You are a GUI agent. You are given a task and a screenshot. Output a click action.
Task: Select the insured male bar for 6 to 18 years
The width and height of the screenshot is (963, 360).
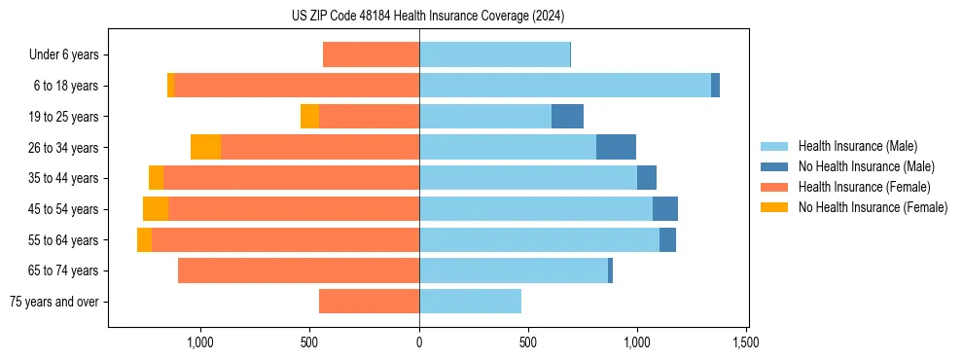pyautogui.click(x=565, y=86)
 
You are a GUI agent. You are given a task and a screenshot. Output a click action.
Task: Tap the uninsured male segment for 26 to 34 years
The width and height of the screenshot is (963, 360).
pyautogui.click(x=616, y=147)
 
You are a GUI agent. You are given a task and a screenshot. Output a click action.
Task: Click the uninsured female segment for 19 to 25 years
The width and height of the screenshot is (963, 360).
pyautogui.click(x=309, y=117)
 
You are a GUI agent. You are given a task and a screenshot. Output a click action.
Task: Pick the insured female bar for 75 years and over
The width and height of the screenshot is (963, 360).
pyautogui.click(x=369, y=302)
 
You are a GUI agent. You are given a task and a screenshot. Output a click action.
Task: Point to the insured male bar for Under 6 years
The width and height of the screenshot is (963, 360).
pyautogui.click(x=494, y=55)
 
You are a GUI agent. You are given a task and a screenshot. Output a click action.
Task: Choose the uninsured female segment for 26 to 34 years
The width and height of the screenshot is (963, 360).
pyautogui.click(x=205, y=147)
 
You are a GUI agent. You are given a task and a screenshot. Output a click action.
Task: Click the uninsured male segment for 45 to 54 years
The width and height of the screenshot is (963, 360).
pyautogui.click(x=665, y=209)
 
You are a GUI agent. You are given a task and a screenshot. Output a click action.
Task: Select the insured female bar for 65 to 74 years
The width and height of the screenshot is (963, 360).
pyautogui.click(x=299, y=270)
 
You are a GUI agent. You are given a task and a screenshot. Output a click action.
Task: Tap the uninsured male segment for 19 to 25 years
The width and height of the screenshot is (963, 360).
pyautogui.click(x=567, y=117)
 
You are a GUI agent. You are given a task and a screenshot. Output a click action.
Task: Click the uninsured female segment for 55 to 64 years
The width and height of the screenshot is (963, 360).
pyautogui.click(x=144, y=240)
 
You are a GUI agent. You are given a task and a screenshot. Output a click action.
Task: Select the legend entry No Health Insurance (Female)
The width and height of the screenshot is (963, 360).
pyautogui.click(x=873, y=207)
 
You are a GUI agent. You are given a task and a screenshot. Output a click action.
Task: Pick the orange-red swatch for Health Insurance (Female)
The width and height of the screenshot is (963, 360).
pyautogui.click(x=774, y=187)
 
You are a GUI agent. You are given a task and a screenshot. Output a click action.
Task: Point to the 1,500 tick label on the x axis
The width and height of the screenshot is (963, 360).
pyautogui.click(x=746, y=342)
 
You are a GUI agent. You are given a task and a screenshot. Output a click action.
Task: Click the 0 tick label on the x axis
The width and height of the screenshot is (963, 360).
pyautogui.click(x=419, y=342)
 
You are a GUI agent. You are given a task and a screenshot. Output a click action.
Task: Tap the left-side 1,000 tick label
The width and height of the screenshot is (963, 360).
pyautogui.click(x=200, y=342)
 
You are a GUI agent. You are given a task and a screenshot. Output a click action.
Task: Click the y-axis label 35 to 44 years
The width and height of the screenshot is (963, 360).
pyautogui.click(x=64, y=178)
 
